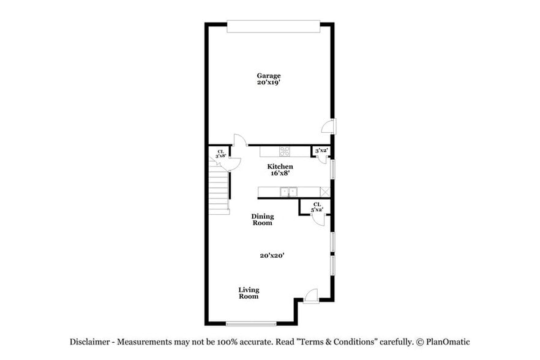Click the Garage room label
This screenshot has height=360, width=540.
[269, 75]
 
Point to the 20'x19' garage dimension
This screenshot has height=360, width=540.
[269, 82]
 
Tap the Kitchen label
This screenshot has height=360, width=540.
[280, 167]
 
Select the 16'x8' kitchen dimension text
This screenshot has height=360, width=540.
[280, 173]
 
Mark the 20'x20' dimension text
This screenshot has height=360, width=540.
[271, 256]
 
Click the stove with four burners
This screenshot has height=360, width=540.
[285, 151]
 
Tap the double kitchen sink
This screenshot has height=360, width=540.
[288, 192]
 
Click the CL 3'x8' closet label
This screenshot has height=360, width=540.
[220, 154]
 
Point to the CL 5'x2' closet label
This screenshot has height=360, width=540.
[317, 208]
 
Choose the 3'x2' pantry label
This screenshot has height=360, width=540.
[320, 151]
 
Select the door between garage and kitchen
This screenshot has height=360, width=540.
[239, 141]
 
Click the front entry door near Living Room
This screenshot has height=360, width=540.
[311, 296]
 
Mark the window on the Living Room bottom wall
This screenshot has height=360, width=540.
[250, 323]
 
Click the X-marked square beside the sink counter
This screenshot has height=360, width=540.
[326, 192]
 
